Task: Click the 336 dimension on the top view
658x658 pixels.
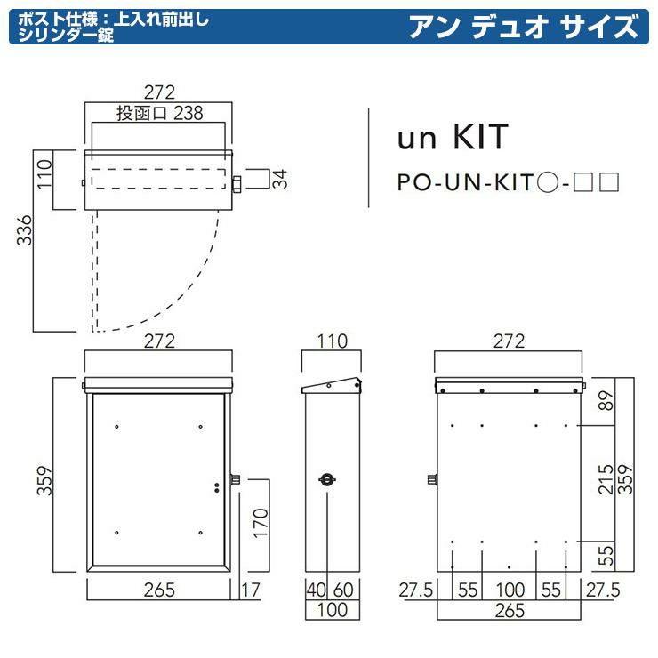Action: tap(24, 230)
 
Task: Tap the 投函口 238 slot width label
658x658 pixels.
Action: tap(159, 113)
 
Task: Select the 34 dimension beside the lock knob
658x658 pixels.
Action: tap(280, 179)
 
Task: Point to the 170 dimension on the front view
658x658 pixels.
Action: tap(261, 524)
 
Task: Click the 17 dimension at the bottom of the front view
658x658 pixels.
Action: tap(251, 590)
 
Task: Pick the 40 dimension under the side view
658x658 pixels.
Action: tap(316, 590)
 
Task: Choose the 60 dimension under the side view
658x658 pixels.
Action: tap(343, 590)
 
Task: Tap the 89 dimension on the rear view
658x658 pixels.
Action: tap(606, 401)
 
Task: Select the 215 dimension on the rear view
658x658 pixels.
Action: tap(606, 479)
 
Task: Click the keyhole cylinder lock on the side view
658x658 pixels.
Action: tap(327, 479)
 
